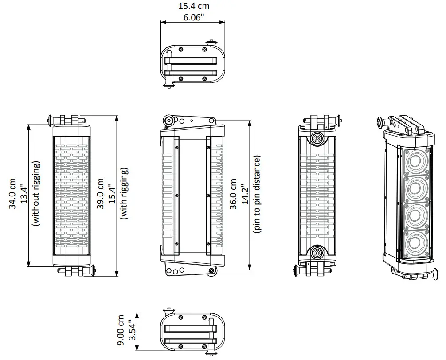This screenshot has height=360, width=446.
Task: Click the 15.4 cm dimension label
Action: click(194, 6)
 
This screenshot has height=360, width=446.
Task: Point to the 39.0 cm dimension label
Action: click(101, 194)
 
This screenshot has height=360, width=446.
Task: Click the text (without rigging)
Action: click(36, 194)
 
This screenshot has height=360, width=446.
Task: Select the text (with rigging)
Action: click(125, 194)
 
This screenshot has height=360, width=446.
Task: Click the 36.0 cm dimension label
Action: click(233, 194)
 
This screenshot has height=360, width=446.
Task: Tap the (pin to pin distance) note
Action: click(257, 194)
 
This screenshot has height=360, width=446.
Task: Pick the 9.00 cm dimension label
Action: click(121, 331)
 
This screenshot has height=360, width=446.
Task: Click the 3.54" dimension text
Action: click(132, 331)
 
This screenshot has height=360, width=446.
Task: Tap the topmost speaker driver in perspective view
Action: click(415, 162)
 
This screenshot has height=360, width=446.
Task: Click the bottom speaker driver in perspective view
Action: click(415, 242)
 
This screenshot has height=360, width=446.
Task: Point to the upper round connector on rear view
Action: click(317, 138)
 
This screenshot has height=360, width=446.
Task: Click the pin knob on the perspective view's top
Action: click(379, 122)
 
